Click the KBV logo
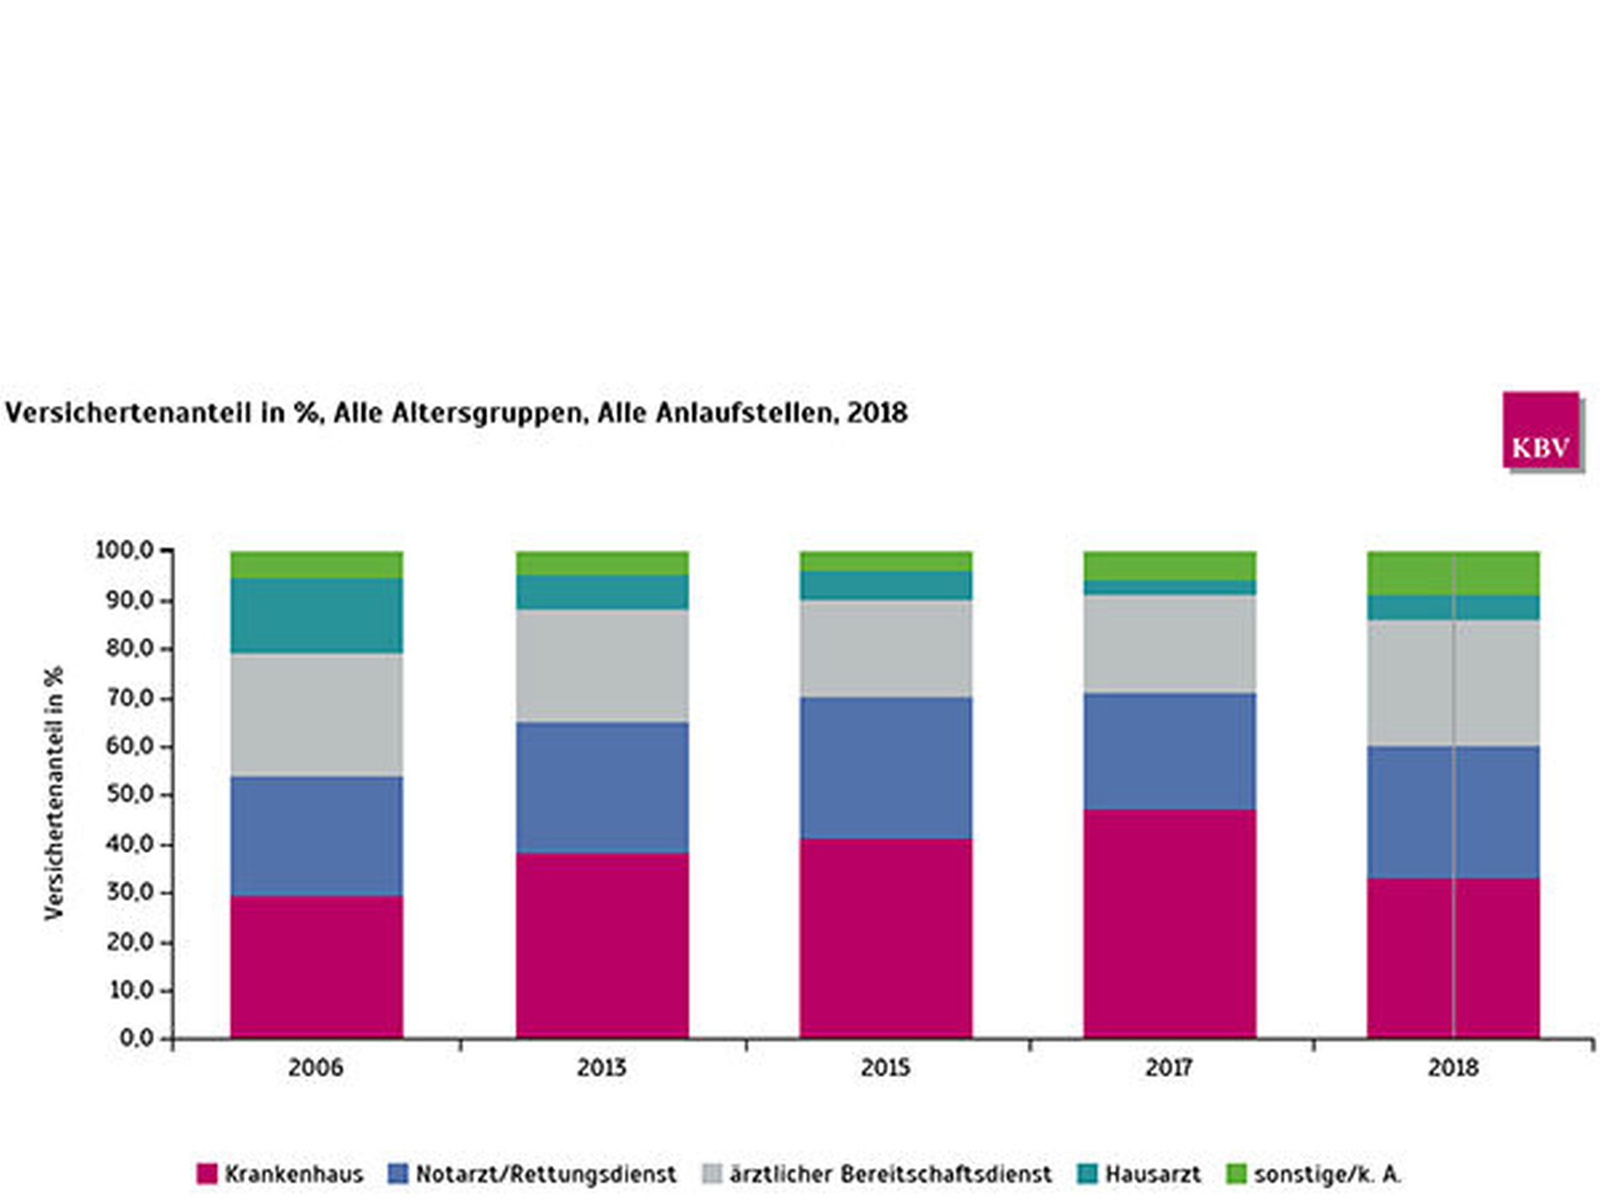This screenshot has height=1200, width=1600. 1540,430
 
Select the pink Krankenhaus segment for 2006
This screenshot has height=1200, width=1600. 317,966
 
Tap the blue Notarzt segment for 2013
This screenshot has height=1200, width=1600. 602,787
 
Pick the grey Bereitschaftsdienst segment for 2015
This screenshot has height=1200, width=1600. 886,648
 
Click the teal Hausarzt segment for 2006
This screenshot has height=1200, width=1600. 317,616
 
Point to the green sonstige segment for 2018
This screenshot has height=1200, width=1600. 1453,573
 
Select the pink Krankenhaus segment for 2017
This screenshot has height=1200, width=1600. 1170,923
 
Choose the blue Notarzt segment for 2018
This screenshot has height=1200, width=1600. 1453,812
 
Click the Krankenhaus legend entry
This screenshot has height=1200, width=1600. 280,1174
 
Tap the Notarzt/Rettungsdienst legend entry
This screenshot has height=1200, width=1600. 532,1174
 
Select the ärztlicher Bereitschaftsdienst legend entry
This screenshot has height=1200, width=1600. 877,1174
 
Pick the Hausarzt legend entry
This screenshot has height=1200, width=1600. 1139,1174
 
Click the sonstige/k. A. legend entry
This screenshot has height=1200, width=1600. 1315,1174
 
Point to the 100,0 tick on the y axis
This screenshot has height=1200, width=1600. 125,551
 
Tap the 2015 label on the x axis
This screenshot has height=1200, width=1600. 886,1068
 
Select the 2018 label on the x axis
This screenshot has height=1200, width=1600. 1453,1068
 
